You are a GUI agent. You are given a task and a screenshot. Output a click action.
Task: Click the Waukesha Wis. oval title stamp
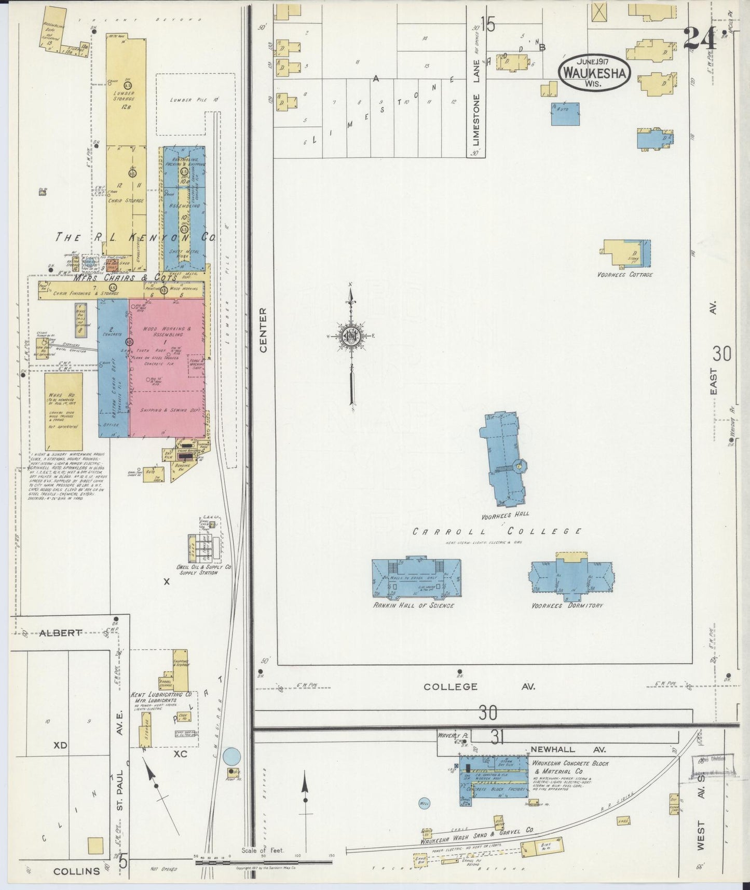tap(595, 73)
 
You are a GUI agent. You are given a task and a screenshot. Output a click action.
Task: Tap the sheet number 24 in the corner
tap(699, 38)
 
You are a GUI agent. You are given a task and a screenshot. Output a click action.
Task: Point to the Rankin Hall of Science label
tap(414, 605)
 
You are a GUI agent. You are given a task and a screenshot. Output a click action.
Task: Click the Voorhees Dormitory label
tap(567, 605)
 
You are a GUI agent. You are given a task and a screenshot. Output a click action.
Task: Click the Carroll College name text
tap(497, 531)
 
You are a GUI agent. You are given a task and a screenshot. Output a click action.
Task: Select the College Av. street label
tap(479, 686)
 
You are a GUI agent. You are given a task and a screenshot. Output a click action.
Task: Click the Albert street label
tap(61, 632)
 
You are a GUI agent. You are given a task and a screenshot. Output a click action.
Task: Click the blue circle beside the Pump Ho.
tap(232, 756)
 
